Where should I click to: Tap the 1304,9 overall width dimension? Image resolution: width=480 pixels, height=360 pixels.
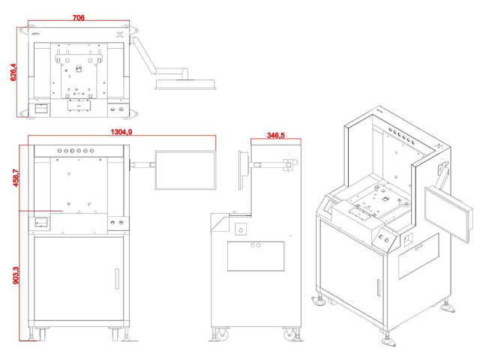coord(121,132)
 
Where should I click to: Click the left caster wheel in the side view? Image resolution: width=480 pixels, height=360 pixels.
coord(221,334)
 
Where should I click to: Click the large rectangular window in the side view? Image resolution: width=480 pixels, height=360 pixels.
coord(256,255)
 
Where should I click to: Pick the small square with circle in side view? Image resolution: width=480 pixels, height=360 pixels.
coord(241,228)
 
